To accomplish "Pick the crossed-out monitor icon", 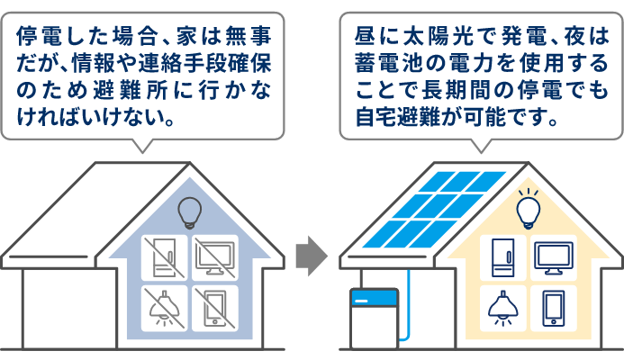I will pos(215,258).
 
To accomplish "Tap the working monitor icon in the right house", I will pos(552,258).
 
